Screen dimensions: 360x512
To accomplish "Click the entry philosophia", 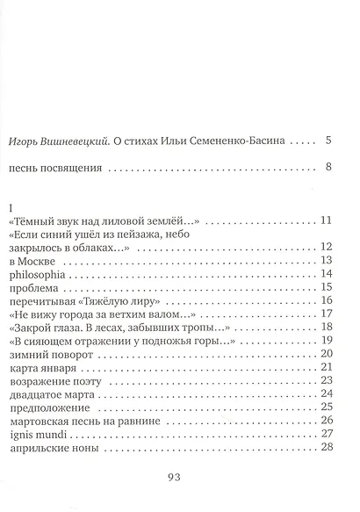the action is pyautogui.click(x=32, y=275).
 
